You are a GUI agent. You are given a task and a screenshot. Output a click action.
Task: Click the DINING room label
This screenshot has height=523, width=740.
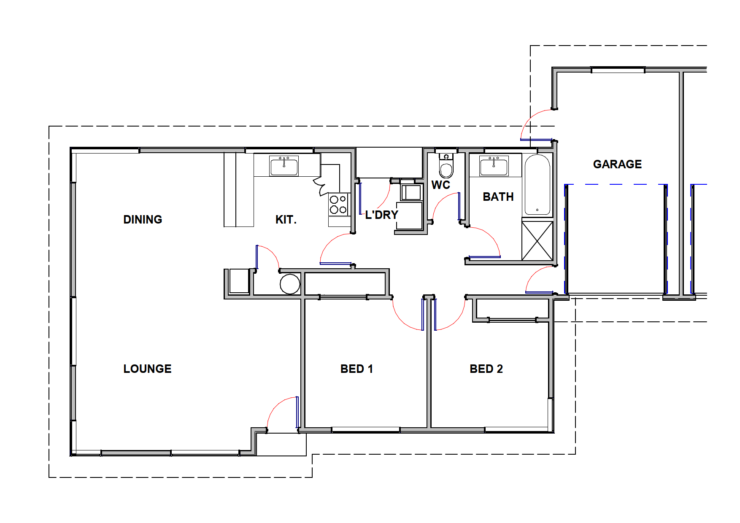click(x=143, y=219)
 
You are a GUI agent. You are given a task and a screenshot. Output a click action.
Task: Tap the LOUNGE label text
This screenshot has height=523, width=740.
click(x=147, y=369)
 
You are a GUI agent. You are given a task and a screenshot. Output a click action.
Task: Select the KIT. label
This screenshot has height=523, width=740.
click(x=286, y=219)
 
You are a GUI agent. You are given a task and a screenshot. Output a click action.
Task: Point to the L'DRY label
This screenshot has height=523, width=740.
click(x=382, y=215)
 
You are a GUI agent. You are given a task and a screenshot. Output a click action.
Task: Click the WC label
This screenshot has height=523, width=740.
click(x=441, y=185)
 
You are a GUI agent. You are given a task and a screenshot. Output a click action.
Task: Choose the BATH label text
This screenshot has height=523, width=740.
click(x=498, y=197)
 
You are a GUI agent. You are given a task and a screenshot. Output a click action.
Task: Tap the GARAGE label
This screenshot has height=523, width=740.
click(x=617, y=164)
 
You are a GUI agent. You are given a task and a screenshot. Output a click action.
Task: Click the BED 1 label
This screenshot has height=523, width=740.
click(x=356, y=369)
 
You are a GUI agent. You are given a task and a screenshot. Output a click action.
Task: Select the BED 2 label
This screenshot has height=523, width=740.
click(x=486, y=369)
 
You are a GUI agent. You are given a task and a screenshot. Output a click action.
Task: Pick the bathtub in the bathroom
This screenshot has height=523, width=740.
click(x=537, y=185)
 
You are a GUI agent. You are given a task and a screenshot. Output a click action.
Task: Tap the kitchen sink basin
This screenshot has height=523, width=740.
click(x=284, y=166)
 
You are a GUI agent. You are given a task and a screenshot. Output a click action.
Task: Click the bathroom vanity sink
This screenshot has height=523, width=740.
click(x=494, y=166)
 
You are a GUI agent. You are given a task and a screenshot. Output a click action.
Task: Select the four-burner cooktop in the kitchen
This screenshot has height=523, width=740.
click(x=339, y=205)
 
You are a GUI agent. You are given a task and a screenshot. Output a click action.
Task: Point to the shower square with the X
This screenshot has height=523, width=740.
click(x=537, y=241)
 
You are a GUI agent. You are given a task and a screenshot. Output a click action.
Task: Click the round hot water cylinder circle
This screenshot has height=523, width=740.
click(x=290, y=284)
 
